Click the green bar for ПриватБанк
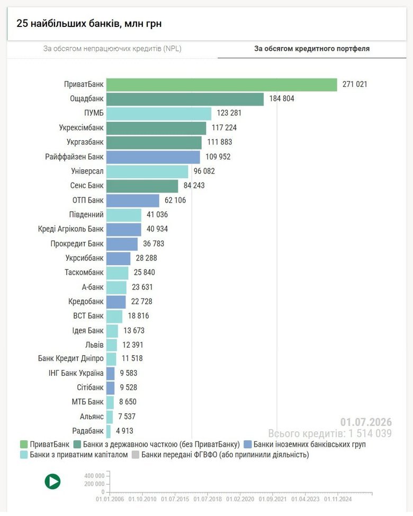point(222,85)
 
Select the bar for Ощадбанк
point(185,99)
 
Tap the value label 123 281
point(229,113)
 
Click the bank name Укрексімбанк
point(82,128)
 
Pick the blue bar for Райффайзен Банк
point(153,157)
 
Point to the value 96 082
point(204,171)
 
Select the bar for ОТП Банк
point(133,201)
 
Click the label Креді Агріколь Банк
point(71,229)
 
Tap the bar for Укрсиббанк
point(119,258)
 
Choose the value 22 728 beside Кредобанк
point(141,302)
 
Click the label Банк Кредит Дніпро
point(71,358)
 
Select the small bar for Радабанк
point(109,431)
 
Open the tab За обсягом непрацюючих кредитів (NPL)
point(112,49)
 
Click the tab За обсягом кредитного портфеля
point(312,49)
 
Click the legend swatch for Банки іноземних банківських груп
point(248,445)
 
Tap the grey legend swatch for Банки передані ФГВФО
point(136,455)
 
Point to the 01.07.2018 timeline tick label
point(208,499)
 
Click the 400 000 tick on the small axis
point(94,476)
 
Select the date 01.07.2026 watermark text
point(366,422)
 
